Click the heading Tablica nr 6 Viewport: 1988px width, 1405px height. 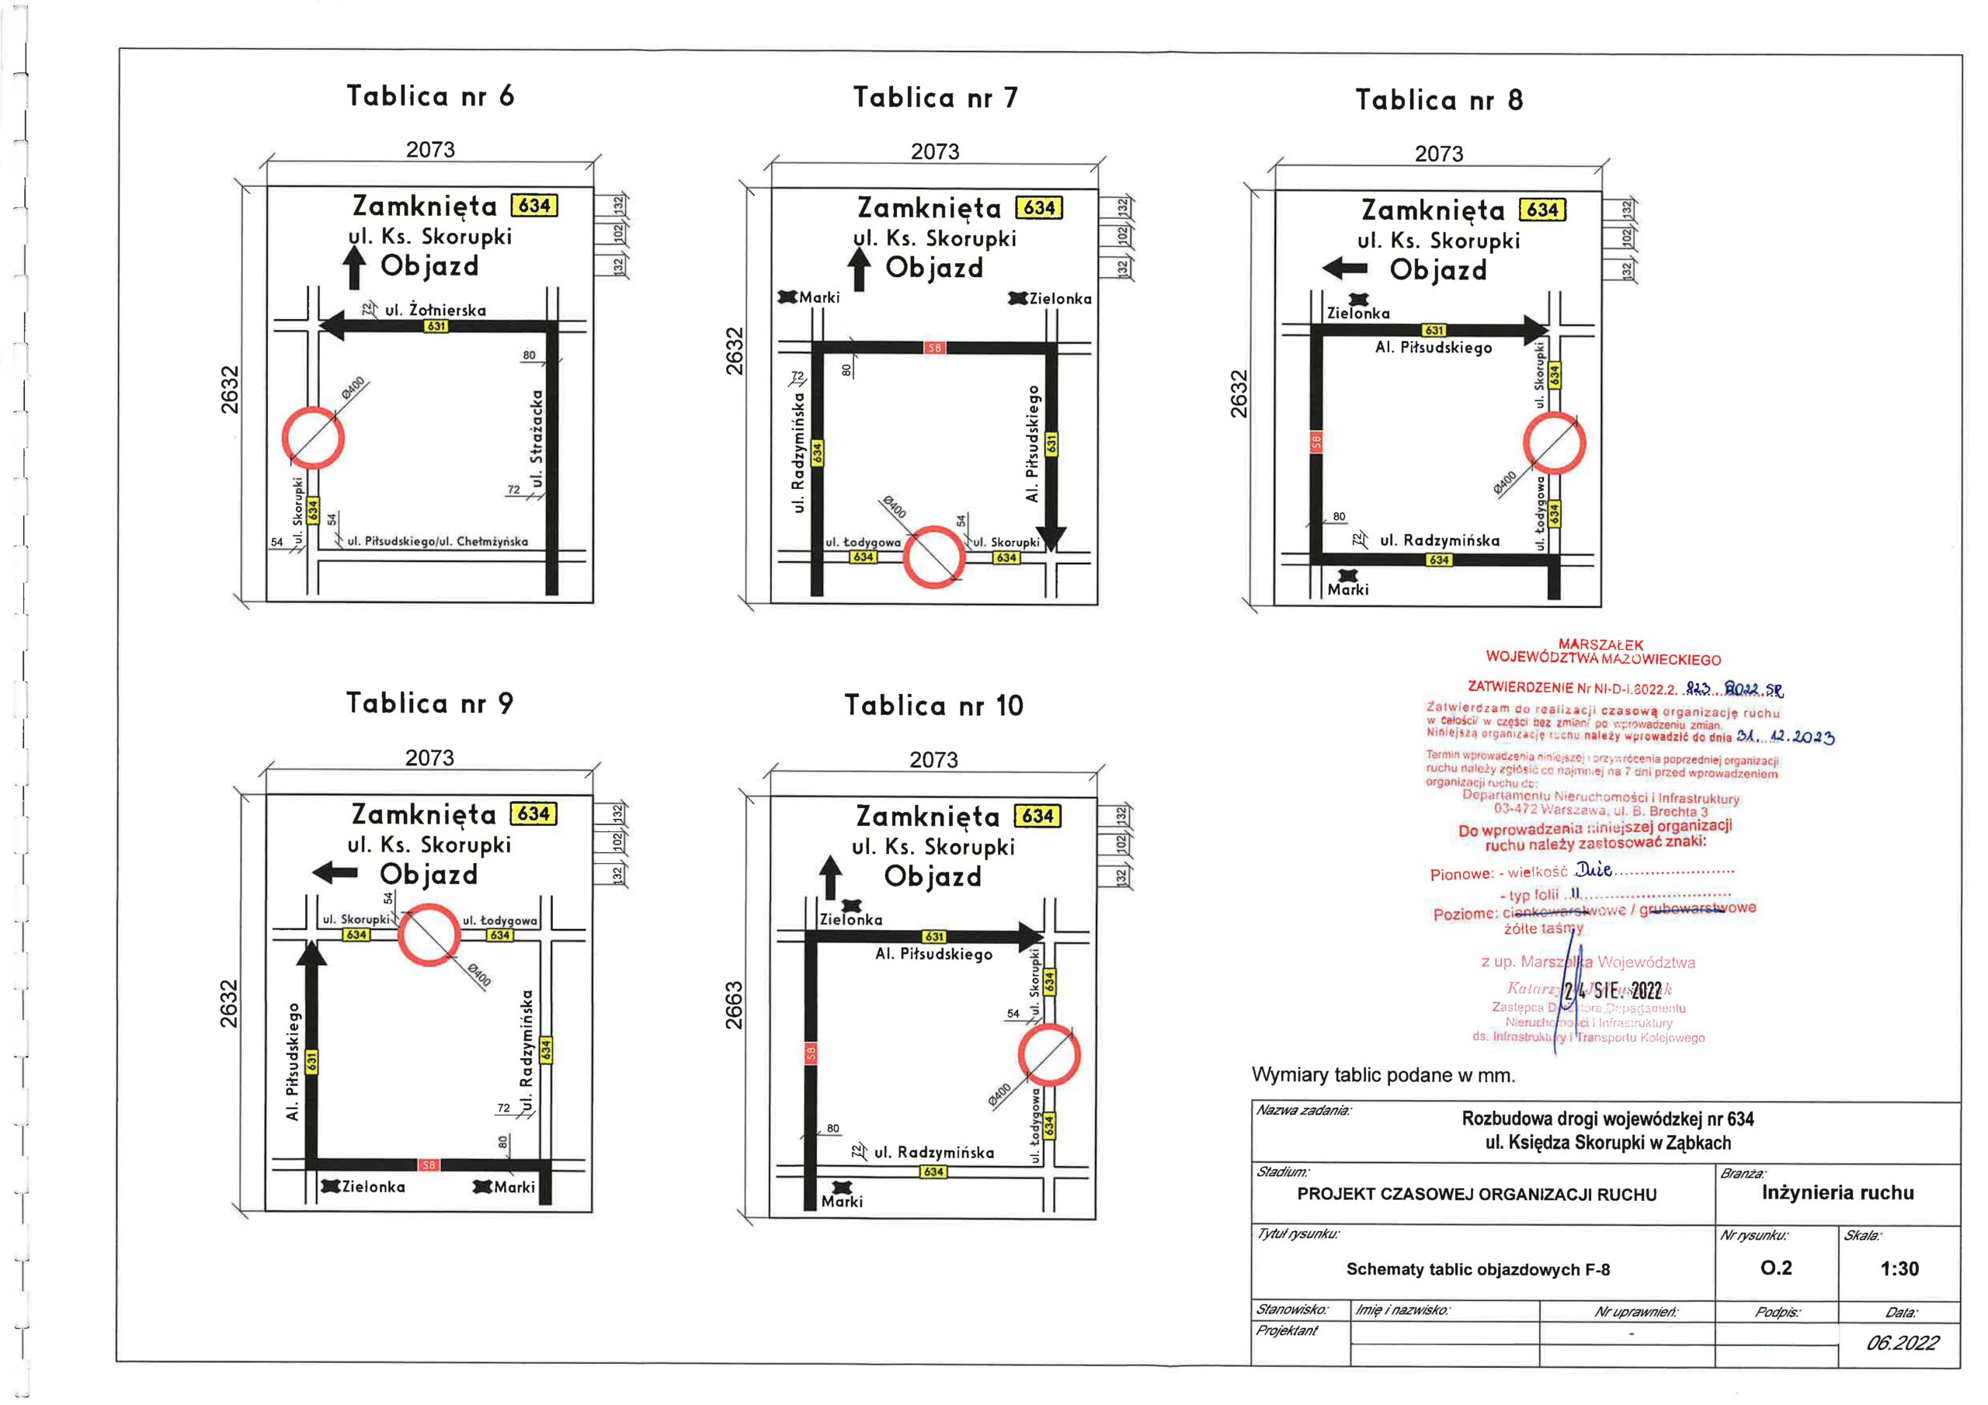point(430,96)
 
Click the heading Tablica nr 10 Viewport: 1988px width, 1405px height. point(933,706)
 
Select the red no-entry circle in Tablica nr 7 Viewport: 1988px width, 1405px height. point(933,557)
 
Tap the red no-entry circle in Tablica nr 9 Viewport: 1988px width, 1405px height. point(429,935)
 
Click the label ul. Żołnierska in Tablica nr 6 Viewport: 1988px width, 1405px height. point(436,310)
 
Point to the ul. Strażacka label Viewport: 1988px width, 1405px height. point(537,438)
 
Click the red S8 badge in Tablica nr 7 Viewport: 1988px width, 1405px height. point(934,348)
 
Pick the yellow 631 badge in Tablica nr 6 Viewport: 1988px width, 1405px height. point(436,326)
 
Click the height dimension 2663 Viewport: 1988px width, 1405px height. point(735,1005)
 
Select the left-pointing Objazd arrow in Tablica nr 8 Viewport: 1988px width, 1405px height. point(1345,269)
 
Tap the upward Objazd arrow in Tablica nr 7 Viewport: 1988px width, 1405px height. point(859,269)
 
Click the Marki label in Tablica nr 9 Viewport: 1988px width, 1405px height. point(514,1187)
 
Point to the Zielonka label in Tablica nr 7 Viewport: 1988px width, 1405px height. point(1060,299)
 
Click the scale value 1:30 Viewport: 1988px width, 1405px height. point(1899,1269)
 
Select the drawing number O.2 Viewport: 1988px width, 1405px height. point(1776,1268)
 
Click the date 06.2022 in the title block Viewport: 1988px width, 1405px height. point(1903,1343)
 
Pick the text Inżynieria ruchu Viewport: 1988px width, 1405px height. point(1837,1193)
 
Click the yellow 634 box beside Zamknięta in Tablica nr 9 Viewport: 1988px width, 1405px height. point(533,814)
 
